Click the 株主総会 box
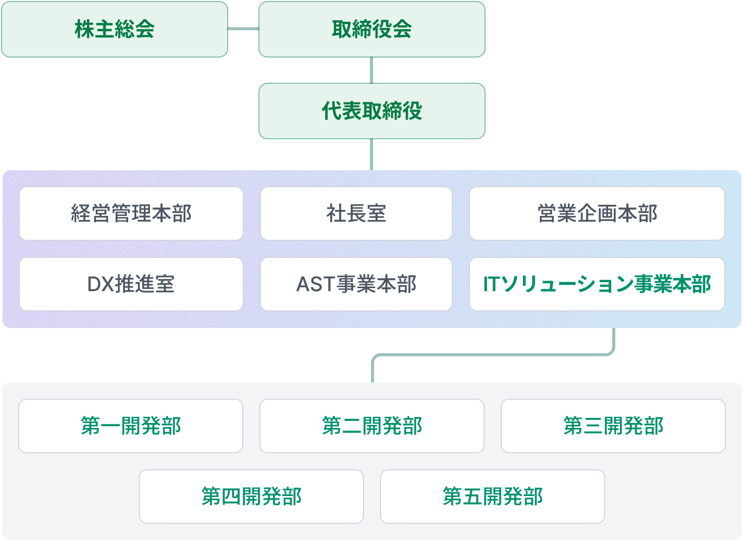(115, 29)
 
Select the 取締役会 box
(371, 29)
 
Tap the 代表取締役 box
(371, 111)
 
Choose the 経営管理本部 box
(131, 213)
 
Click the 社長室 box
(356, 213)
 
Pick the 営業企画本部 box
(597, 213)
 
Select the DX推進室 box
(131, 284)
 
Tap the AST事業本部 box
(356, 284)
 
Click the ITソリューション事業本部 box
(597, 284)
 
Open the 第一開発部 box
(131, 426)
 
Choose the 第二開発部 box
(371, 426)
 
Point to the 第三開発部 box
(613, 426)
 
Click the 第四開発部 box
(251, 497)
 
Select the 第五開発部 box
(492, 497)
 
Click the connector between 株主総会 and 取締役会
(243, 29)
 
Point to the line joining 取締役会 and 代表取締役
(371, 70)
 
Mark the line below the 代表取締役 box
(371, 154)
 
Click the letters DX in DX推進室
(100, 285)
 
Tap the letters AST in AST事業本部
(316, 285)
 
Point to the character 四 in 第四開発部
(231, 497)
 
